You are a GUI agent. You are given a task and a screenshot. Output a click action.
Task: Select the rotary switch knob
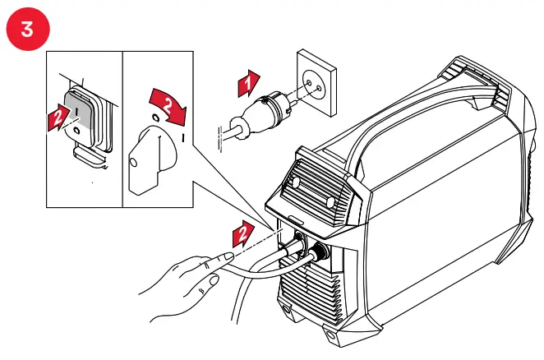(x=154, y=159)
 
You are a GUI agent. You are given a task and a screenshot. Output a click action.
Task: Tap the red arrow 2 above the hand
(x=240, y=234)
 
